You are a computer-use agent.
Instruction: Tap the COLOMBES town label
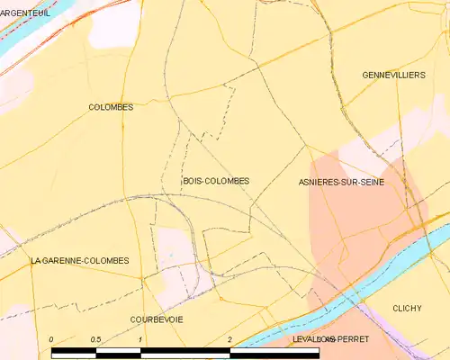111,107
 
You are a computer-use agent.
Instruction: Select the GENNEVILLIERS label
392,75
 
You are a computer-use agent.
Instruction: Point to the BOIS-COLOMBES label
215,181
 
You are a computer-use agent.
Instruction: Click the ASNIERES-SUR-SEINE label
341,182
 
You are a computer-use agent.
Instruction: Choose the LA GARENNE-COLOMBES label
79,261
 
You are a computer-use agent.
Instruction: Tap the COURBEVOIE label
157,319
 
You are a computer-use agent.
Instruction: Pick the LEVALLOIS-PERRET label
326,339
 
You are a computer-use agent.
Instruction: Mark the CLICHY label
407,308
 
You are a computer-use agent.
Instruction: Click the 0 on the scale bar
51,339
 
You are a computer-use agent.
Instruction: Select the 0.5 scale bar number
96,339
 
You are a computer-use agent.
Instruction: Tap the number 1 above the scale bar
141,339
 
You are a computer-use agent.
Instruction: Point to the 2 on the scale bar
230,339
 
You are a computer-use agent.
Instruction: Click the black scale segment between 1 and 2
185,352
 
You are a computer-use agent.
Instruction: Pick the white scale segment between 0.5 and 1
119,352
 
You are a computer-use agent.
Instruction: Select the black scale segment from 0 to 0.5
74,352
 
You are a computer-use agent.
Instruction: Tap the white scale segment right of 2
274,352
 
